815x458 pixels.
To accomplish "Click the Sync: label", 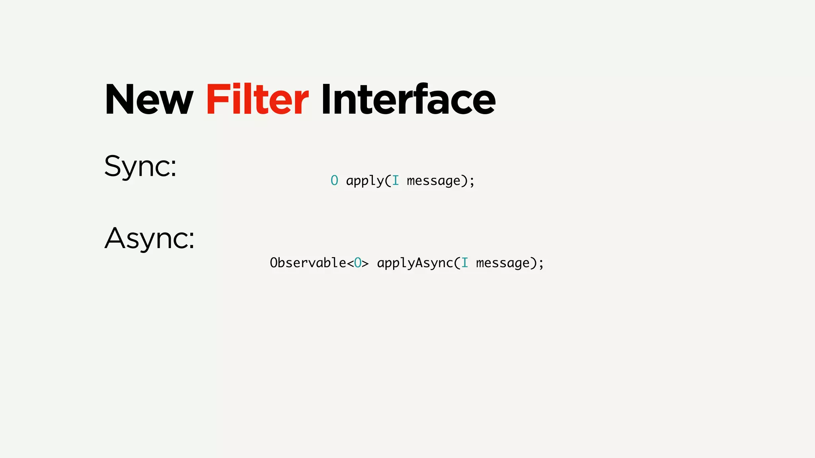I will coord(140,166).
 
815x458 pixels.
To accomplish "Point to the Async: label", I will coord(150,238).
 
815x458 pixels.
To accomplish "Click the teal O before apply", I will coord(334,181).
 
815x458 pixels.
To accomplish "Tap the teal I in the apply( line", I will coord(395,181).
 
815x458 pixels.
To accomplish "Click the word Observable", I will coord(308,263).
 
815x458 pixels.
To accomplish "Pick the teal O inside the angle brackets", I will coord(358,263).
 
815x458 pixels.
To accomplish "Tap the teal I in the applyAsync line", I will coord(464,263).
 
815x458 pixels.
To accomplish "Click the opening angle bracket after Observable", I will coord(350,263).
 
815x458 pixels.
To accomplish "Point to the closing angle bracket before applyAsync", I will coord(365,263).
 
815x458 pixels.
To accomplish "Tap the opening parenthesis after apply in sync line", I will coord(388,181).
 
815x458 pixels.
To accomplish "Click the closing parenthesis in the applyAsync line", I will coord(534,263).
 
